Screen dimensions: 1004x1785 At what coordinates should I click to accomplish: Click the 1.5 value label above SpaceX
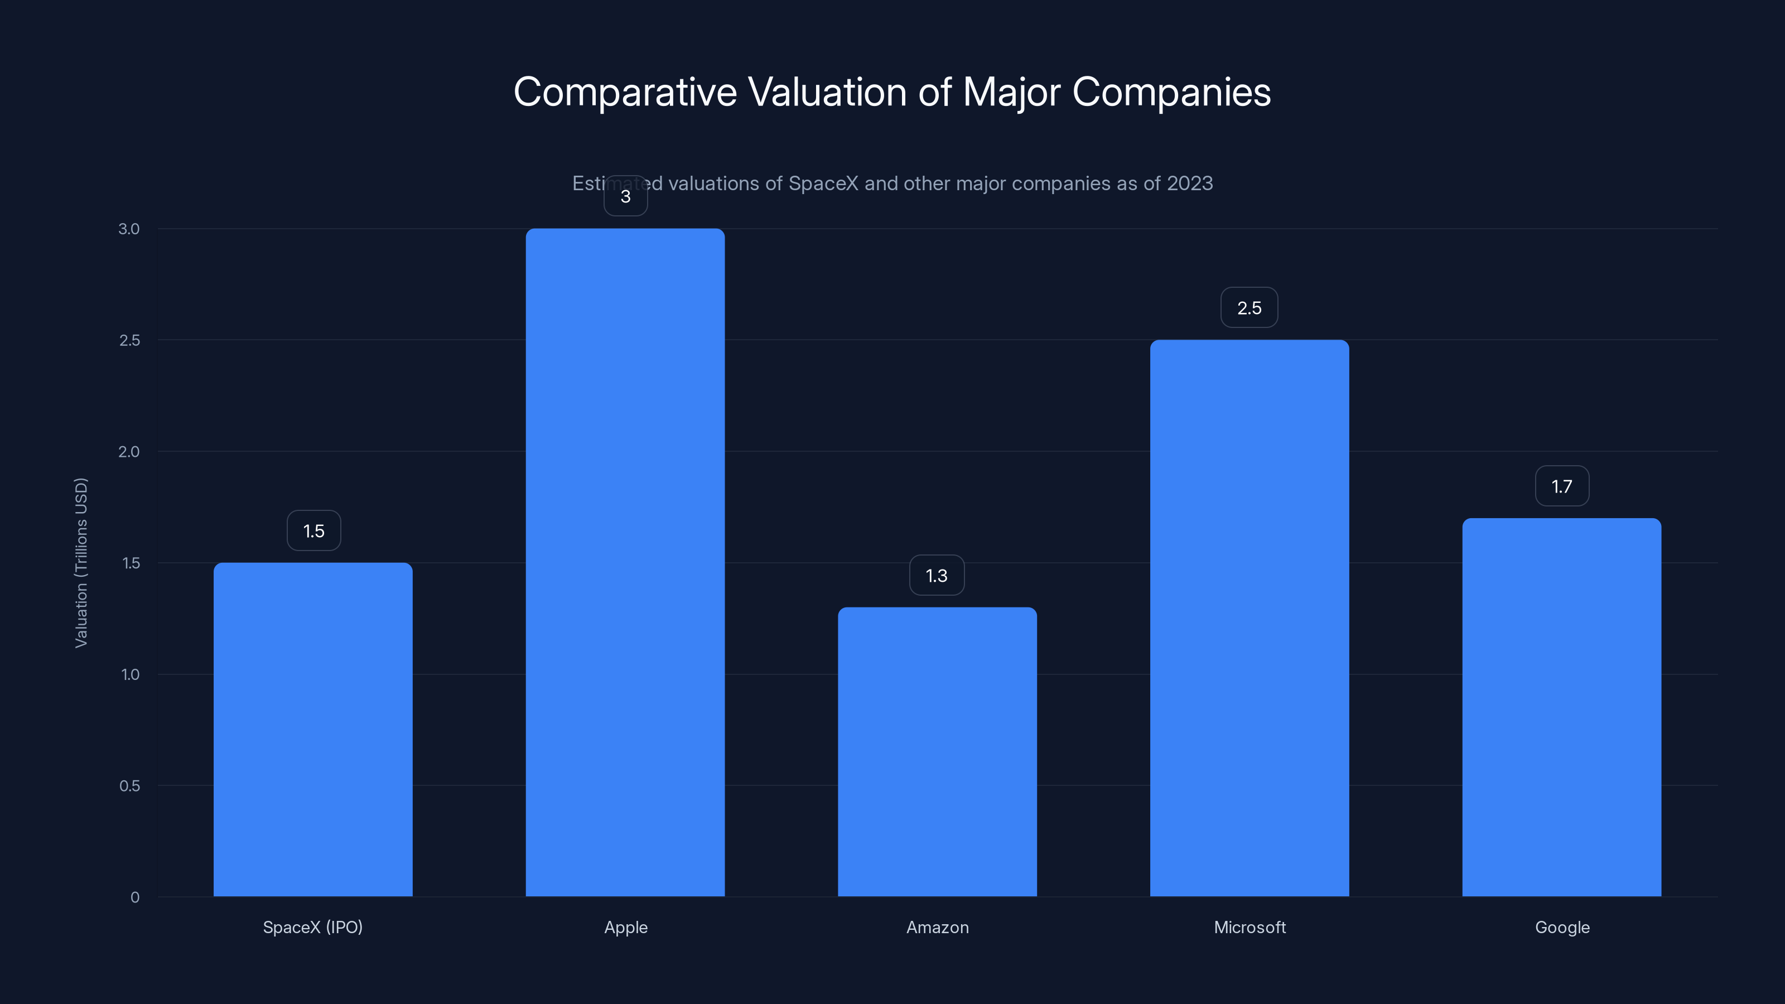coord(314,531)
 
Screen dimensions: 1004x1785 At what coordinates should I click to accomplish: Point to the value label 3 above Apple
coord(625,197)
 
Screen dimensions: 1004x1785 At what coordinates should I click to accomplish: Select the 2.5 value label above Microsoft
coord(1249,308)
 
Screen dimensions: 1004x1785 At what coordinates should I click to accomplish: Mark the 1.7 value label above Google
coord(1561,486)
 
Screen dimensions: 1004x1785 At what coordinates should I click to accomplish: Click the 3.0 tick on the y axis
coord(129,229)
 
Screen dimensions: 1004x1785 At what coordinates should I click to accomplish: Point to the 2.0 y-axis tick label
coord(129,452)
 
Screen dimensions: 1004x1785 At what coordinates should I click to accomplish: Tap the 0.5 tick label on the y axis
coord(129,786)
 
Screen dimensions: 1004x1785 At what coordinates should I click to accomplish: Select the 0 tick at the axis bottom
coord(134,897)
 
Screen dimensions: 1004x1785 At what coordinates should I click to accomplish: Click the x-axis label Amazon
coord(937,927)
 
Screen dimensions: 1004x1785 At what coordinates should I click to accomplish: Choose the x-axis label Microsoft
coord(1249,927)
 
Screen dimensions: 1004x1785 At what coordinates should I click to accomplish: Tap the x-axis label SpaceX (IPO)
coord(312,927)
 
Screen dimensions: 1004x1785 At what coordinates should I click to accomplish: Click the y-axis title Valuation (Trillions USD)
coord(81,563)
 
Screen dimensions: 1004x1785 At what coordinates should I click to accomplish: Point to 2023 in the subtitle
coord(1189,184)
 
